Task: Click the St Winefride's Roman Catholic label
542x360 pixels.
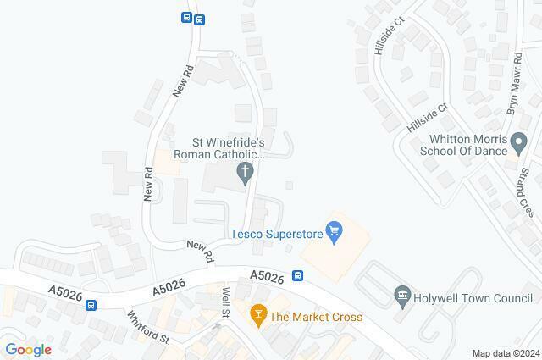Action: coord(220,148)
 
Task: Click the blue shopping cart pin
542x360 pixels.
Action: coord(335,230)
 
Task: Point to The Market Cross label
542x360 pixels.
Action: coord(316,317)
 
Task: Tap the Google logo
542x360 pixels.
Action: coord(29,350)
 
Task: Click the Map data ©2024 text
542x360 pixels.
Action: coord(505,353)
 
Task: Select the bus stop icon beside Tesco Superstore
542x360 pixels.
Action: coord(298,275)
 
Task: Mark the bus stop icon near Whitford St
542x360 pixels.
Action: coord(90,305)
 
